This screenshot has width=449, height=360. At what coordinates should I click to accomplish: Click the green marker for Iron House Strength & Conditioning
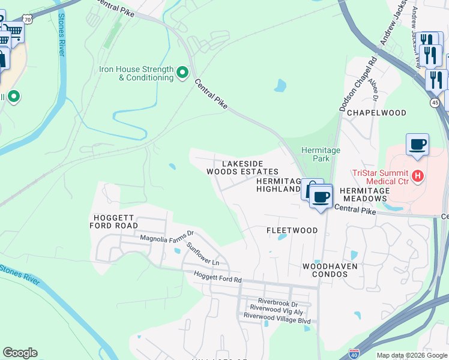click(x=182, y=73)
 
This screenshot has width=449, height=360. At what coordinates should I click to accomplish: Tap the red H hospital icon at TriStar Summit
click(x=418, y=176)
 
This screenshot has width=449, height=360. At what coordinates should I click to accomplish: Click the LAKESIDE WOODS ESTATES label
click(x=243, y=167)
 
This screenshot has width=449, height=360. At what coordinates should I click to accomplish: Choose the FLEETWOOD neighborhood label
click(x=292, y=230)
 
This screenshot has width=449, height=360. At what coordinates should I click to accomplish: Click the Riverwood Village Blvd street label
click(x=276, y=321)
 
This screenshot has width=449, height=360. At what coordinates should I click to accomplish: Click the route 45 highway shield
click(x=434, y=103)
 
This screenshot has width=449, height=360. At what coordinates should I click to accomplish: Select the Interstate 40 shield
click(x=355, y=354)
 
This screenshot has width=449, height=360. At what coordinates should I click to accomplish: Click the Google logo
click(x=20, y=353)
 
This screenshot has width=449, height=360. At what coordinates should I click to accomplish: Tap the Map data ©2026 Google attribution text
click(x=411, y=355)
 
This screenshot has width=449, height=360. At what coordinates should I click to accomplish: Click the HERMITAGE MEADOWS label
click(x=364, y=194)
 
